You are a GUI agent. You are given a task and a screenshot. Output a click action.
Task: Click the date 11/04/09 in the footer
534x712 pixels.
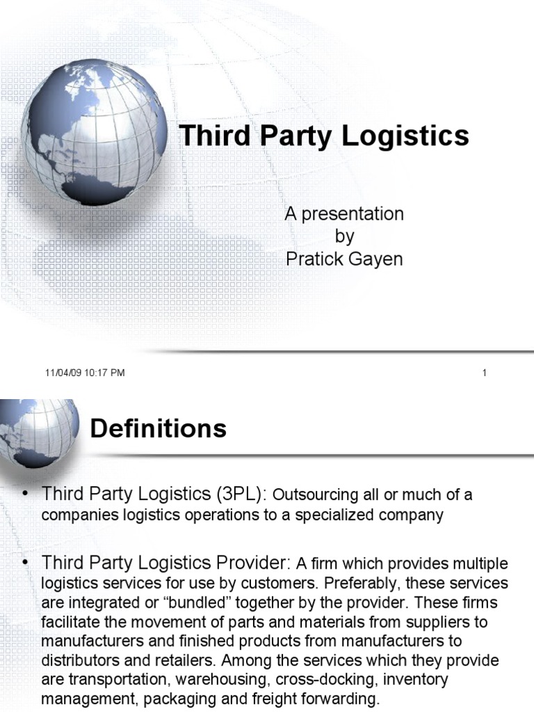click(64, 373)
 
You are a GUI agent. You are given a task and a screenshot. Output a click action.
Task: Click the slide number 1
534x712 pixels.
click(484, 373)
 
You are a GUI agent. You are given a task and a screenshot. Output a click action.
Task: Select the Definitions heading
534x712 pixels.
click(159, 428)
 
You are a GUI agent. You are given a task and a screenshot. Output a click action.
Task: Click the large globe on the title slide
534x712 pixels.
click(94, 132)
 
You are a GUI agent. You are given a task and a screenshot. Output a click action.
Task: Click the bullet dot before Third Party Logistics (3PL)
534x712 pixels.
click(26, 494)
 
